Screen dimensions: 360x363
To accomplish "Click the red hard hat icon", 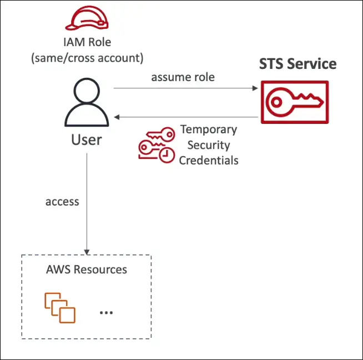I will pyautogui.click(x=87, y=18).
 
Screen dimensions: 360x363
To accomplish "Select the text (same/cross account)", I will pyautogui.click(x=87, y=57).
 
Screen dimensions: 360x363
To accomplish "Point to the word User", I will pyautogui.click(x=87, y=139).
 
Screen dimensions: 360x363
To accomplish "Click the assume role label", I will pyautogui.click(x=183, y=77).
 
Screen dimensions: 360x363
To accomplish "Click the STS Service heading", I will pyautogui.click(x=298, y=64).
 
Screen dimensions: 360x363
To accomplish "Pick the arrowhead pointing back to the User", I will pyautogui.click(x=117, y=117).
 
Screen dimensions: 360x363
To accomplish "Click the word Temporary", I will pyautogui.click(x=209, y=130).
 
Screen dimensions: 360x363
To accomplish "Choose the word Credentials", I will pyautogui.click(x=209, y=161).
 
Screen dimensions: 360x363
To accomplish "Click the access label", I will pyautogui.click(x=62, y=201).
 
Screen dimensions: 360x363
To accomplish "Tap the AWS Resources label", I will pyautogui.click(x=87, y=270).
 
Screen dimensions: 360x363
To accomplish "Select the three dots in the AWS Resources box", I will pyautogui.click(x=106, y=313).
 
